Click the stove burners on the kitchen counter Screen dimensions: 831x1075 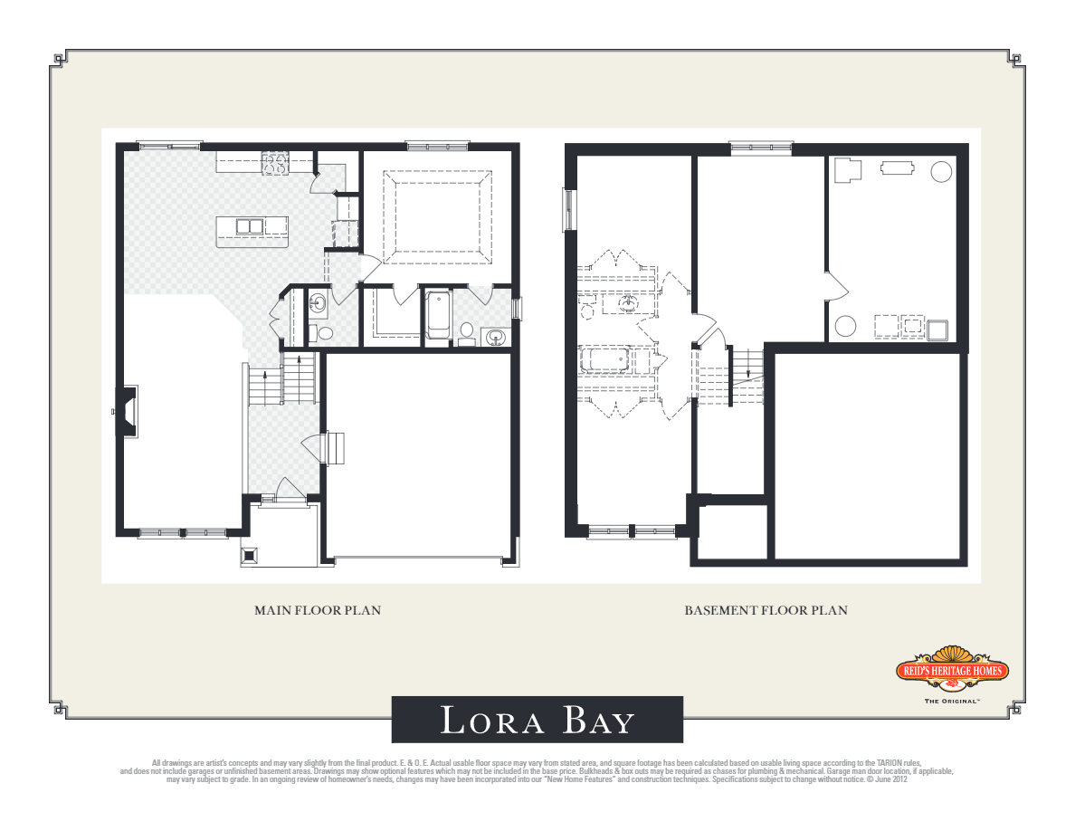coord(275,164)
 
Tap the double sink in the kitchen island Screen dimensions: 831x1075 coord(250,226)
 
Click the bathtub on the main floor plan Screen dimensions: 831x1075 coord(438,315)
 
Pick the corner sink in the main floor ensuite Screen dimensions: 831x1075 coord(495,338)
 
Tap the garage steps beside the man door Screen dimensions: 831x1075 coord(337,447)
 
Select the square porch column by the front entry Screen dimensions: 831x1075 coord(251,555)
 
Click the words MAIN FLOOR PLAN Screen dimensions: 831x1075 coord(317,611)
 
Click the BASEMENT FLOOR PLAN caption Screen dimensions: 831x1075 coord(766,611)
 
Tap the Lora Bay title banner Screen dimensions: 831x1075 coord(537,720)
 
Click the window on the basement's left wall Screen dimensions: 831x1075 coord(568,209)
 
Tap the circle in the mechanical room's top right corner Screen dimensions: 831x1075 coord(941,169)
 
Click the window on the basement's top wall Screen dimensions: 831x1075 coord(761,146)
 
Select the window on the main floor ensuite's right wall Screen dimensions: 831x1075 coord(517,310)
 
